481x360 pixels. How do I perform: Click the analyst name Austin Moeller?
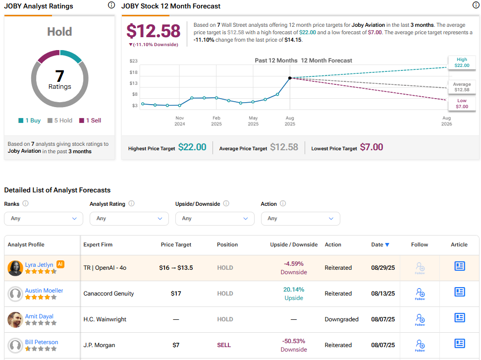(x=44, y=291)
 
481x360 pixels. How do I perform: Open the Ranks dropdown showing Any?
(x=43, y=219)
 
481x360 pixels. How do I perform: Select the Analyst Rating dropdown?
(x=129, y=219)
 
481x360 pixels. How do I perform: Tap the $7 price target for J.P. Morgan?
(x=176, y=345)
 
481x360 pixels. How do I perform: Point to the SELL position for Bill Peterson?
(x=224, y=345)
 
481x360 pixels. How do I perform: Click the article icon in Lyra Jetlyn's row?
(x=460, y=266)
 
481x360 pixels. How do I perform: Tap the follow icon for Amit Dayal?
(x=420, y=319)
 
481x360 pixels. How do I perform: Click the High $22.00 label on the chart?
(x=462, y=62)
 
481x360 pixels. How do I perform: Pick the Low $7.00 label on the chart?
(x=462, y=104)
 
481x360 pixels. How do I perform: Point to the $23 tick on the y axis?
(x=134, y=61)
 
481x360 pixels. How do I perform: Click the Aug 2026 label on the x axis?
(x=446, y=121)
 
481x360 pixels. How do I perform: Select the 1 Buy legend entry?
(x=30, y=120)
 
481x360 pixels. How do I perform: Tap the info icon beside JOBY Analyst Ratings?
(x=111, y=5)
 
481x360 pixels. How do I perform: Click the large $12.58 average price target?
(x=154, y=31)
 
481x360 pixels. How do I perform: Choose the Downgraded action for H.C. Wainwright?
(x=341, y=319)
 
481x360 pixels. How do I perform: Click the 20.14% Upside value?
(x=294, y=290)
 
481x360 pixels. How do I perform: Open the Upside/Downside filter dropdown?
(x=214, y=219)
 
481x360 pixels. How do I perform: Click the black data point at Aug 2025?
(x=290, y=78)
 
